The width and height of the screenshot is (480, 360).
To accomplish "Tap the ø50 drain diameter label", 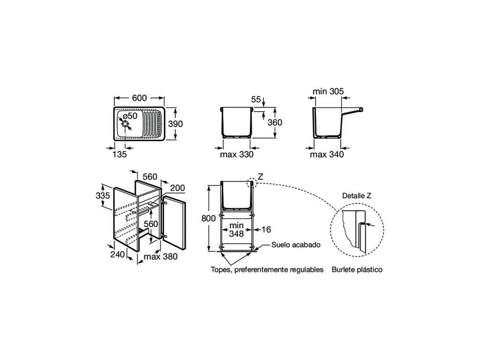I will (x=129, y=116).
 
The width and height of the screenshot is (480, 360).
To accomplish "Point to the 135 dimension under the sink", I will (x=119, y=153).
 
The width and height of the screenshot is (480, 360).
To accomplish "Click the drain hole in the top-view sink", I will (x=125, y=124).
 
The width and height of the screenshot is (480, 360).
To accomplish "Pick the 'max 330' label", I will (x=237, y=154).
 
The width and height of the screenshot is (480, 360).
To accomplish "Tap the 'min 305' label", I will (x=328, y=92).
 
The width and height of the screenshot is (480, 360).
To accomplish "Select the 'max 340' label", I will (x=327, y=154).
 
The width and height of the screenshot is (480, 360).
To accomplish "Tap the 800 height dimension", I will (x=208, y=218).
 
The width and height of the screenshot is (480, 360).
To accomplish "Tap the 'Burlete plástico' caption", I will (x=357, y=269).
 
